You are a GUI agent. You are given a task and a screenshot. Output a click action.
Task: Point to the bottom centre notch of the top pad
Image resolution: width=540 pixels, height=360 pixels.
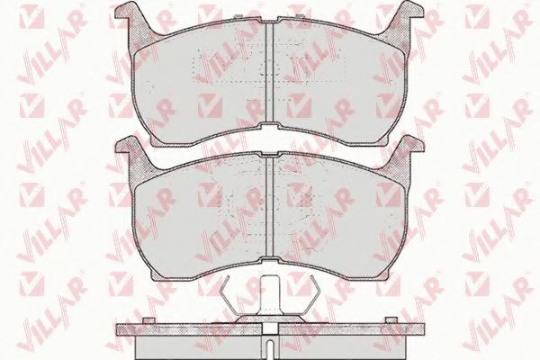[270, 126]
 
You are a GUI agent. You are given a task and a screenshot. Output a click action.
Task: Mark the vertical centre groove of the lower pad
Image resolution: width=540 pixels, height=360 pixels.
[270, 207]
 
